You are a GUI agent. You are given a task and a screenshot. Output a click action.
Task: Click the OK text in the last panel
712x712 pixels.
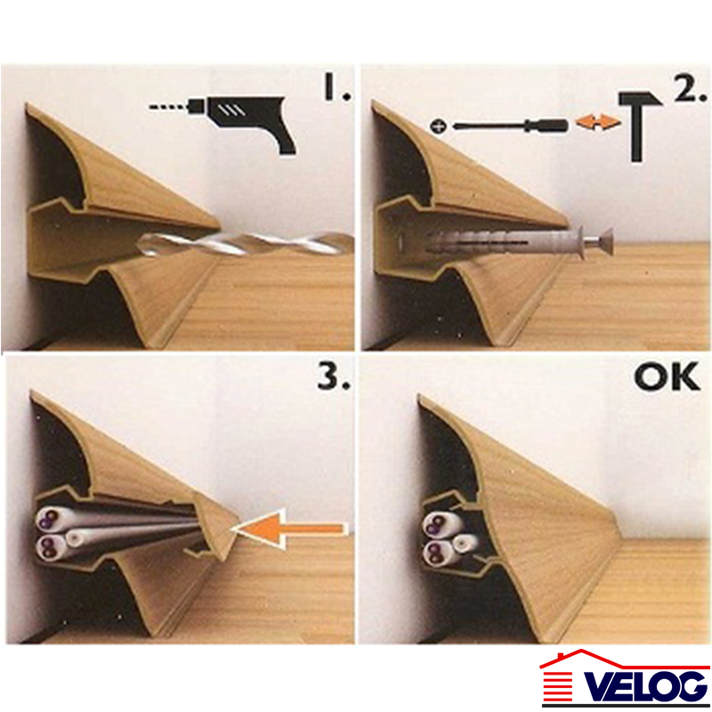(x=667, y=376)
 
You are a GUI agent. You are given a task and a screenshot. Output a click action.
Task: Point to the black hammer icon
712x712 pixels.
(x=639, y=125)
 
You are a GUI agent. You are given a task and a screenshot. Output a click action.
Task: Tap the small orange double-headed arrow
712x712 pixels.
(x=596, y=123)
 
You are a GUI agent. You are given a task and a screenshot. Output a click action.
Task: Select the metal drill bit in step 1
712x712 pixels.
(x=246, y=244)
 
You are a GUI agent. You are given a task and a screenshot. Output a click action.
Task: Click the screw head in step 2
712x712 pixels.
(x=604, y=241)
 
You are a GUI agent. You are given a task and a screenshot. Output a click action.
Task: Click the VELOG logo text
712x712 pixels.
(x=645, y=686)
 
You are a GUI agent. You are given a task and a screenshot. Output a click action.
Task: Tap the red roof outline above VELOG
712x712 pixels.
(x=625, y=659)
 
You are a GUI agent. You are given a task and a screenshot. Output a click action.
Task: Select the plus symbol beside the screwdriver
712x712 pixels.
(x=438, y=126)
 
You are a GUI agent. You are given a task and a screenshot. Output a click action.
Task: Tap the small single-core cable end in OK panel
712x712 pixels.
(x=465, y=542)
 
